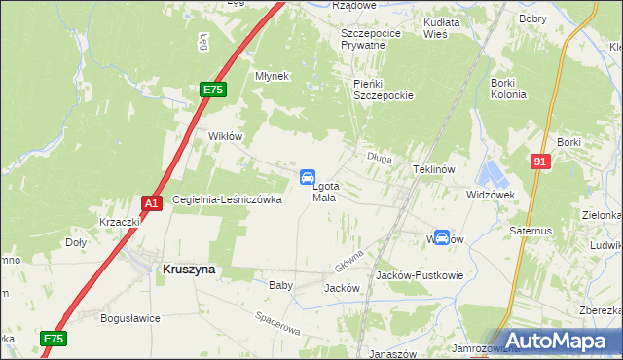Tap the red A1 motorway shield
(151, 202)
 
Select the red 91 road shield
(540, 162)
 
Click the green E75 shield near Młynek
(213, 90)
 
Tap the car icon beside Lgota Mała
(307, 177)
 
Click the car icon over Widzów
(441, 237)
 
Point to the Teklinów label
(434, 168)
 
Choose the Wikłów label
(225, 136)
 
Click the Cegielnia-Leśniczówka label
(227, 199)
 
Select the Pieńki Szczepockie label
(384, 90)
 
